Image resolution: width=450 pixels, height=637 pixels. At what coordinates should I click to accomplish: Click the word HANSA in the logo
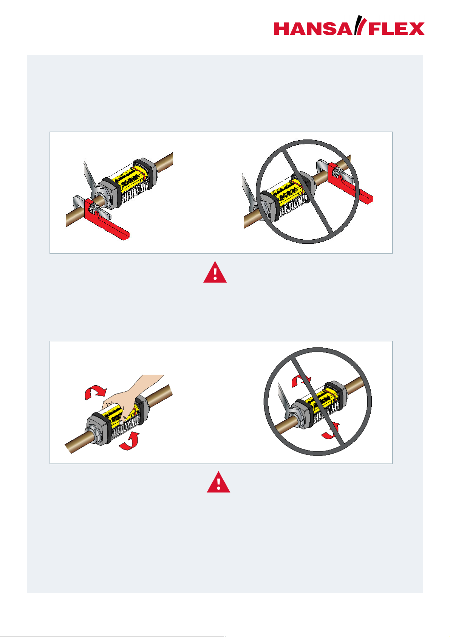312,29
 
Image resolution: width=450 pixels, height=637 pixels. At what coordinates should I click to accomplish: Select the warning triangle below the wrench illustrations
215,272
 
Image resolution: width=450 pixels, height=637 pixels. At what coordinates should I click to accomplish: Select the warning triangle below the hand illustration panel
218,482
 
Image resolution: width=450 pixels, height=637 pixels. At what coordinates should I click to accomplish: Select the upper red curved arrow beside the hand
96,392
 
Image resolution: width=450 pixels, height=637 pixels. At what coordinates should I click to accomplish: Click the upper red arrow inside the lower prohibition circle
301,381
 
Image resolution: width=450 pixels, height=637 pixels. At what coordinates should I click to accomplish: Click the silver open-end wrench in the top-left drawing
91,179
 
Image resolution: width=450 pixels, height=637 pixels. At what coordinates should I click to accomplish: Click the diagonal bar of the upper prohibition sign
307,192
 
